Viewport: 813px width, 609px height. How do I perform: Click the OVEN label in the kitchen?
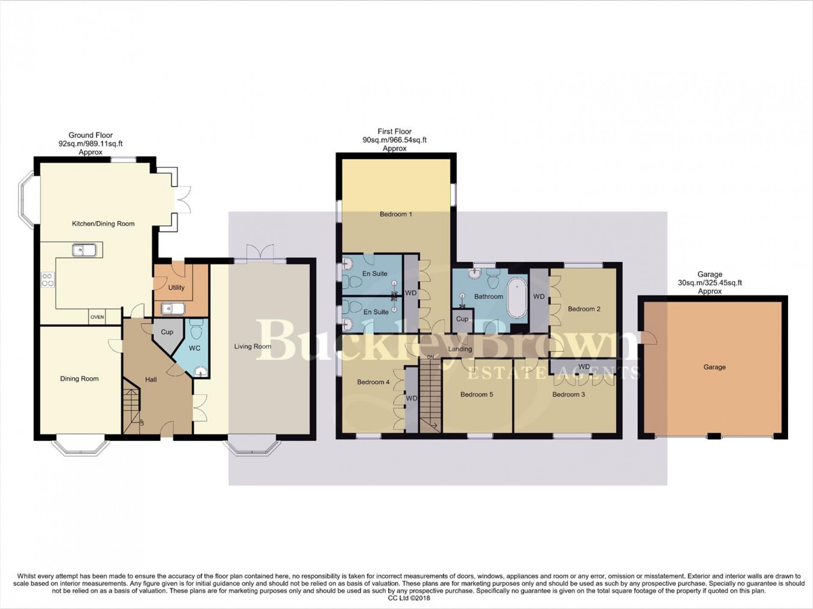tap(97, 317)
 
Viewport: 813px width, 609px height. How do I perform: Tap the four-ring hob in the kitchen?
tap(47, 279)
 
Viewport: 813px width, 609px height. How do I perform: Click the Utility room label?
tap(176, 287)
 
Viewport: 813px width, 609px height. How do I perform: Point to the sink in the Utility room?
tap(172, 308)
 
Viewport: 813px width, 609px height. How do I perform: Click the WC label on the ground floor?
tap(195, 348)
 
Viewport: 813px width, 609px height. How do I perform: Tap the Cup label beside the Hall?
tap(167, 332)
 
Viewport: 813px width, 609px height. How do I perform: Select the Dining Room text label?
tap(79, 378)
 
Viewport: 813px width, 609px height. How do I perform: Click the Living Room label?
tap(252, 346)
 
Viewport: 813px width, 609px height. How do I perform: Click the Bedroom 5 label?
tap(477, 394)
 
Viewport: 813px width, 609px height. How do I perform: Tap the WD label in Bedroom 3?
tap(584, 367)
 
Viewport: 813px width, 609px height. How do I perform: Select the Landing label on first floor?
tap(460, 349)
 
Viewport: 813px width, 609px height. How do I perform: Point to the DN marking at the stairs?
tap(430, 357)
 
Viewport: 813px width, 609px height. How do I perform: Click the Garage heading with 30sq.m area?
tap(710, 274)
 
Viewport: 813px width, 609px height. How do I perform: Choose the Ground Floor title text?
tap(91, 135)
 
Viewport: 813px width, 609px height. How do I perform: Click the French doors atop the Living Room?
tap(260, 252)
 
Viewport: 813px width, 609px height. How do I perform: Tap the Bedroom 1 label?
tap(396, 214)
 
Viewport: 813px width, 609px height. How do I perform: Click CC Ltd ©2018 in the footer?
tap(406, 598)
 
